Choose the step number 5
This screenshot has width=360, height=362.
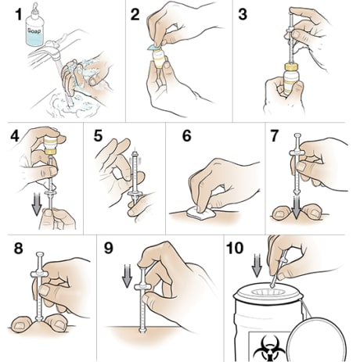tap(97, 135)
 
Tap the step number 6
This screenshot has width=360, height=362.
tap(185, 135)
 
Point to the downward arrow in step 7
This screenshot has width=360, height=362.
tap(298, 196)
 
